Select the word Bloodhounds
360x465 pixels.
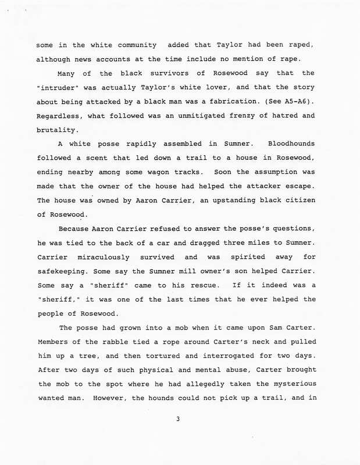click(291, 142)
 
